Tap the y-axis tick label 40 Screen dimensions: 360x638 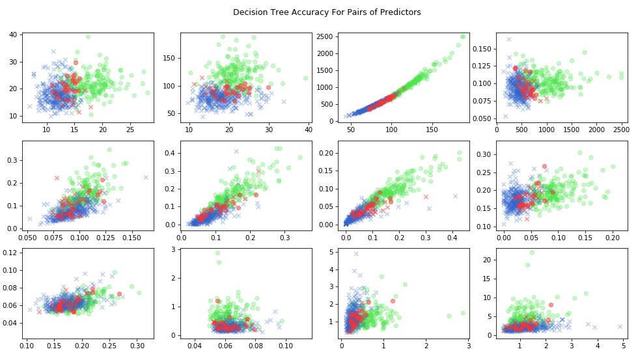pos(13,34)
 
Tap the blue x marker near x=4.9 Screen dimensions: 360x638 pos(620,327)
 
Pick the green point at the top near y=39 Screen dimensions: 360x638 pos(88,36)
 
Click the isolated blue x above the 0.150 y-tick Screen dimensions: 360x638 pos(509,39)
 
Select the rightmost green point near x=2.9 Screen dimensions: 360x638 pos(463,313)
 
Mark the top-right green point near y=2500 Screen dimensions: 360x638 pos(463,36)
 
